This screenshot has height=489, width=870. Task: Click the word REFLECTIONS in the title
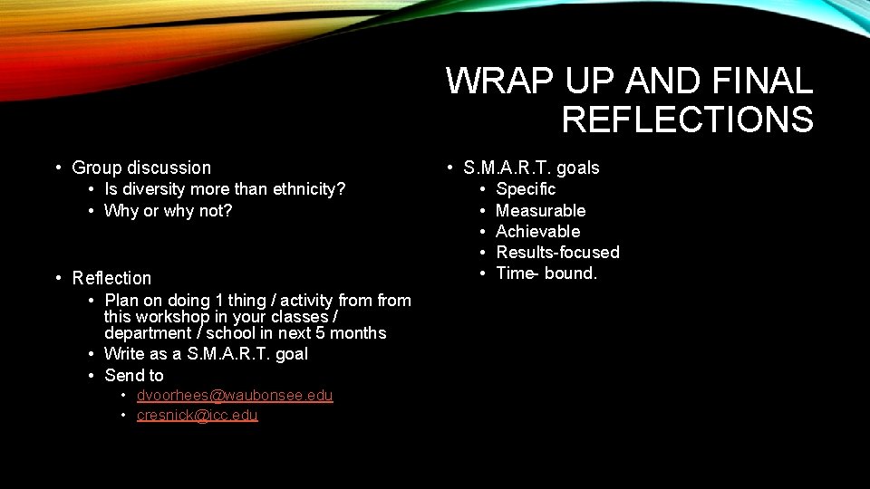[687, 120]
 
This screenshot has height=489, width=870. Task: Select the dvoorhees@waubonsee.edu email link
[235, 396]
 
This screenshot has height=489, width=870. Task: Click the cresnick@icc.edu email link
[197, 416]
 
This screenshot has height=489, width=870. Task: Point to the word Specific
[526, 189]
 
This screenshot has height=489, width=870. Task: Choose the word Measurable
[540, 210]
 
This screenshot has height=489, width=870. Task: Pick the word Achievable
[537, 231]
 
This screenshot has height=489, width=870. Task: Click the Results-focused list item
[557, 252]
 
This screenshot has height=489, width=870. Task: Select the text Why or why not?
[168, 211]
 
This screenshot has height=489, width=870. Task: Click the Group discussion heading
[140, 168]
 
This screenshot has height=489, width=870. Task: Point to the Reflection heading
[111, 278]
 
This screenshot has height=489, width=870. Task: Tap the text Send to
[134, 375]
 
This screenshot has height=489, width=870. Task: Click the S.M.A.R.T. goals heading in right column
[531, 168]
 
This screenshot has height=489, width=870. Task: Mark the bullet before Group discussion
[57, 168]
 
